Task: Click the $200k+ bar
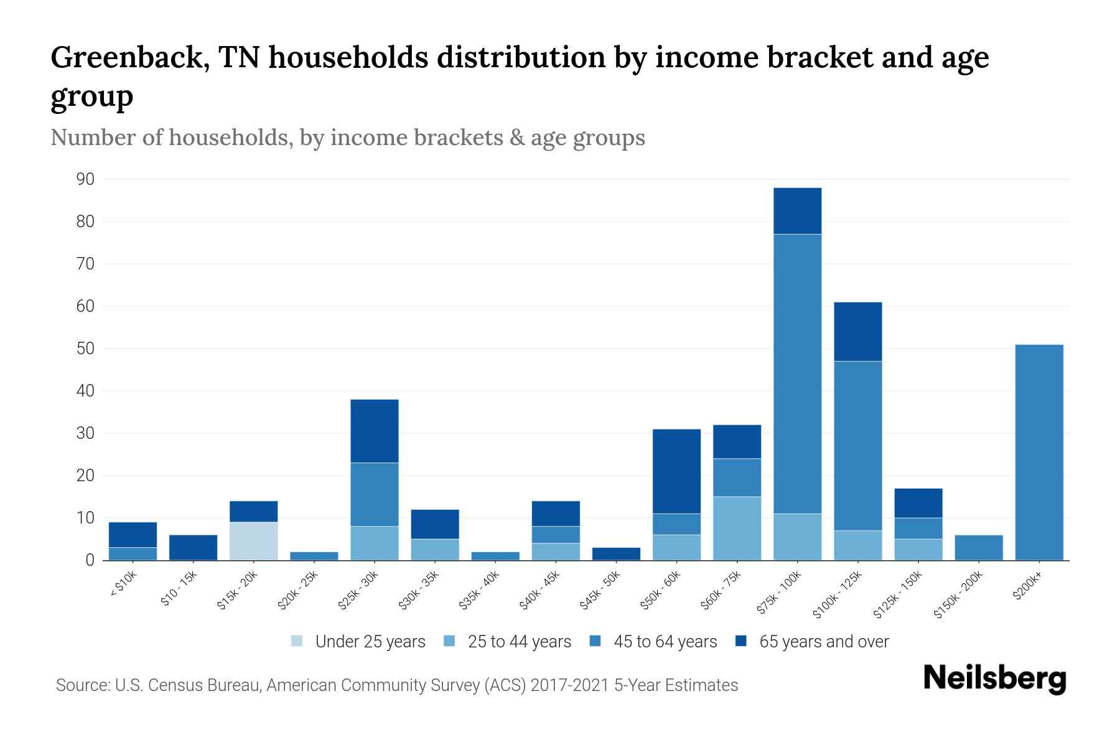click(x=1038, y=453)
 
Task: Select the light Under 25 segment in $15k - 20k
click(x=253, y=541)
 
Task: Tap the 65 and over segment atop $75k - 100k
click(x=797, y=211)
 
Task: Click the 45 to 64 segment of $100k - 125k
click(x=857, y=446)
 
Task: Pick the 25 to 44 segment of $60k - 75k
click(x=737, y=529)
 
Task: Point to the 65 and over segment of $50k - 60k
click(x=676, y=471)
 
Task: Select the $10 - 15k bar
click(x=193, y=548)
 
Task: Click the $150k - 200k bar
click(x=978, y=548)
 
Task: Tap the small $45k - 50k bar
click(x=616, y=554)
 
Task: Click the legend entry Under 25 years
click(x=370, y=642)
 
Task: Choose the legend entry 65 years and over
click(x=823, y=642)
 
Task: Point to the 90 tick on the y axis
click(x=85, y=180)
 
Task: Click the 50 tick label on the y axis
click(x=85, y=349)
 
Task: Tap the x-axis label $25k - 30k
click(x=358, y=589)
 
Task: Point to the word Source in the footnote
click(x=82, y=685)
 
